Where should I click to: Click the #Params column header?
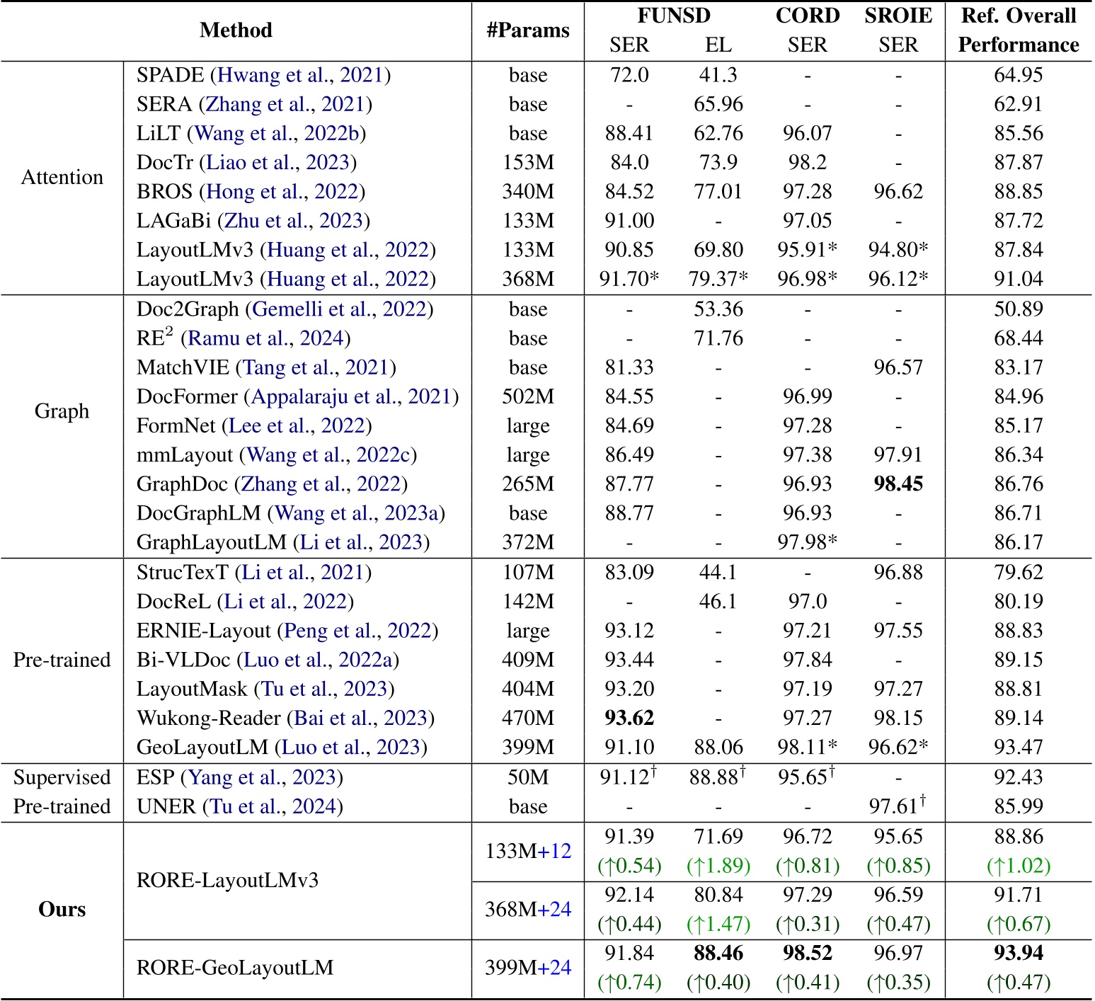[528, 30]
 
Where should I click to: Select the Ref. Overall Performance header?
[1018, 30]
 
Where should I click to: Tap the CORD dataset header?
[807, 16]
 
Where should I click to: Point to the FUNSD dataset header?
[673, 16]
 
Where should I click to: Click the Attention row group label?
[62, 177]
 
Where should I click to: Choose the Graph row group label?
[62, 411]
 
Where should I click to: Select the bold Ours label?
[62, 910]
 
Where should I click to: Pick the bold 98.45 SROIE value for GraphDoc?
[898, 484]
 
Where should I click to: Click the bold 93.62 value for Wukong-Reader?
[629, 719]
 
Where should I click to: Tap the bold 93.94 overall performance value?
[1018, 954]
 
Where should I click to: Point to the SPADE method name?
[170, 75]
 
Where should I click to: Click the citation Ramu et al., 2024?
[265, 338]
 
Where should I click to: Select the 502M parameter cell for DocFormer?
[528, 397]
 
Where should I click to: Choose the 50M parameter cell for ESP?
[528, 777]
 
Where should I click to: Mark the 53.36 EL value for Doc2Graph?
[718, 309]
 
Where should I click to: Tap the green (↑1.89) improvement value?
[718, 866]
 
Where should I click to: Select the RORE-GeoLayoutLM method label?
[235, 968]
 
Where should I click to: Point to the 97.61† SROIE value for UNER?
[898, 806]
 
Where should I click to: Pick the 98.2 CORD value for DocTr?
[807, 163]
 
